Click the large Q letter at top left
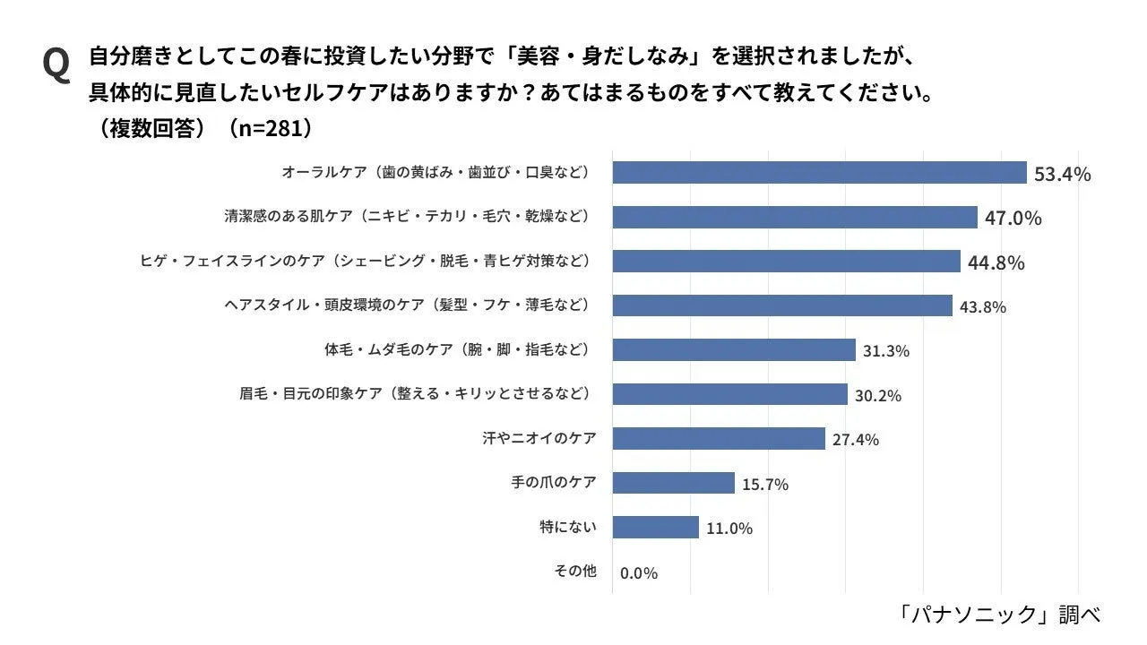pos(56,65)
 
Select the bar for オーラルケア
pos(819,172)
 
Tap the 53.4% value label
pos(1062,174)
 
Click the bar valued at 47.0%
pos(795,217)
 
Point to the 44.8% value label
pos(996,262)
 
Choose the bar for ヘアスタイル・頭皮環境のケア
pos(782,305)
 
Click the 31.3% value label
pos(885,351)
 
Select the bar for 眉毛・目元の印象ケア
pos(729,394)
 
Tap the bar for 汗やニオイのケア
pos(719,439)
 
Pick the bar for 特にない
pos(655,527)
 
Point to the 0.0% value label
pos(638,573)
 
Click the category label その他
pos(574,571)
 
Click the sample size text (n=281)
pos(270,128)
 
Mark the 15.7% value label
pos(764,485)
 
